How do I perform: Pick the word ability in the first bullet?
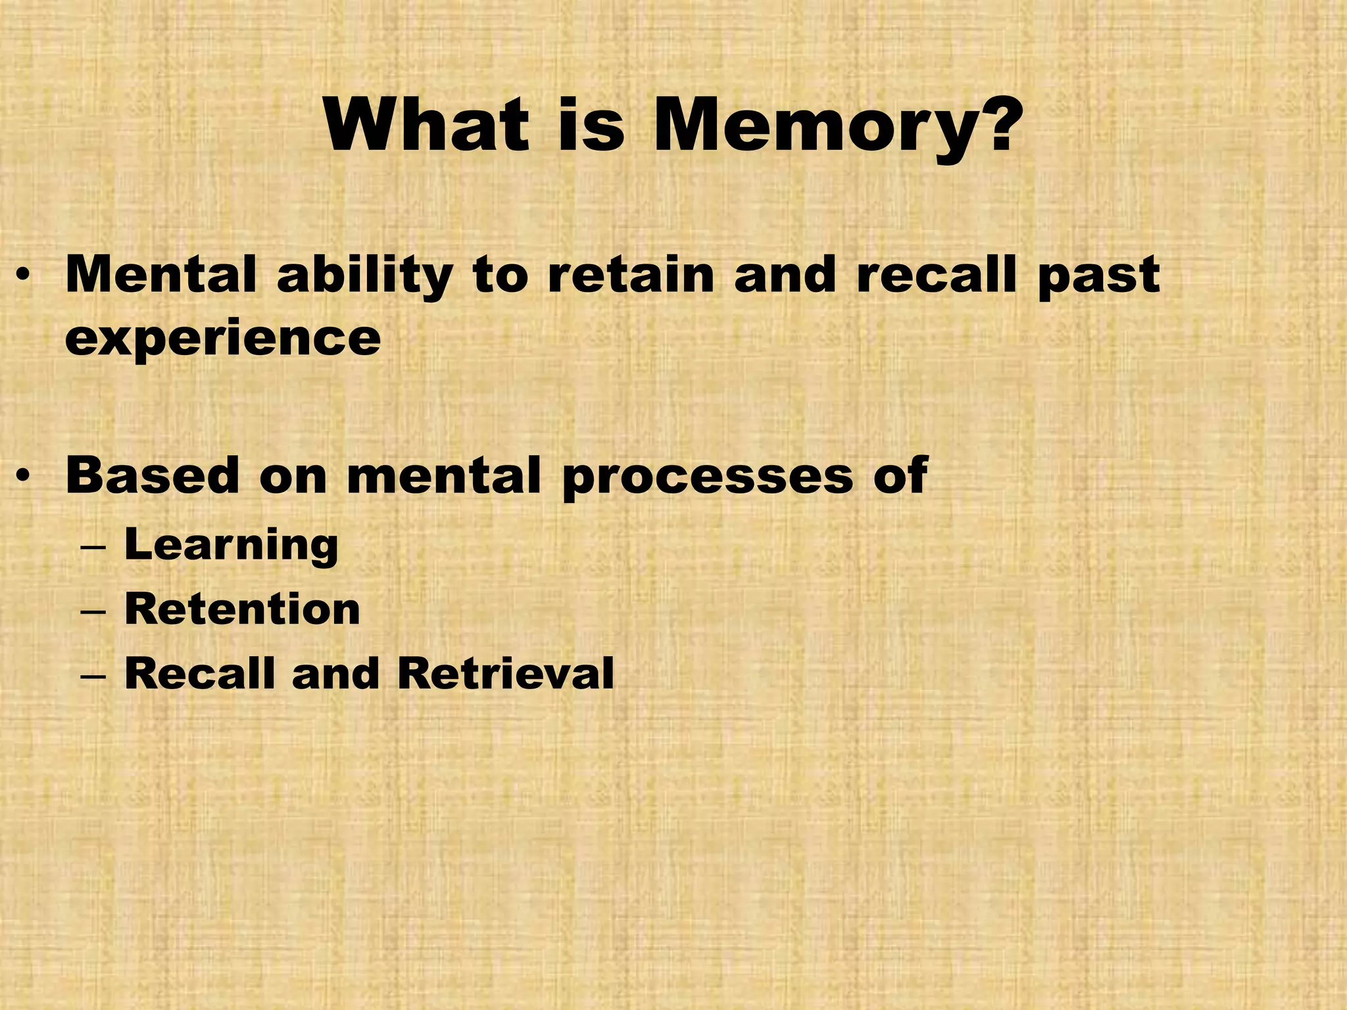(x=364, y=276)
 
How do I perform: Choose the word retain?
(x=630, y=274)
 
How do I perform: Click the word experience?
(x=222, y=339)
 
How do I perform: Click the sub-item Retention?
(x=242, y=609)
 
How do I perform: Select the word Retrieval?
(x=505, y=673)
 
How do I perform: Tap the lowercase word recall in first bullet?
(x=936, y=274)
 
